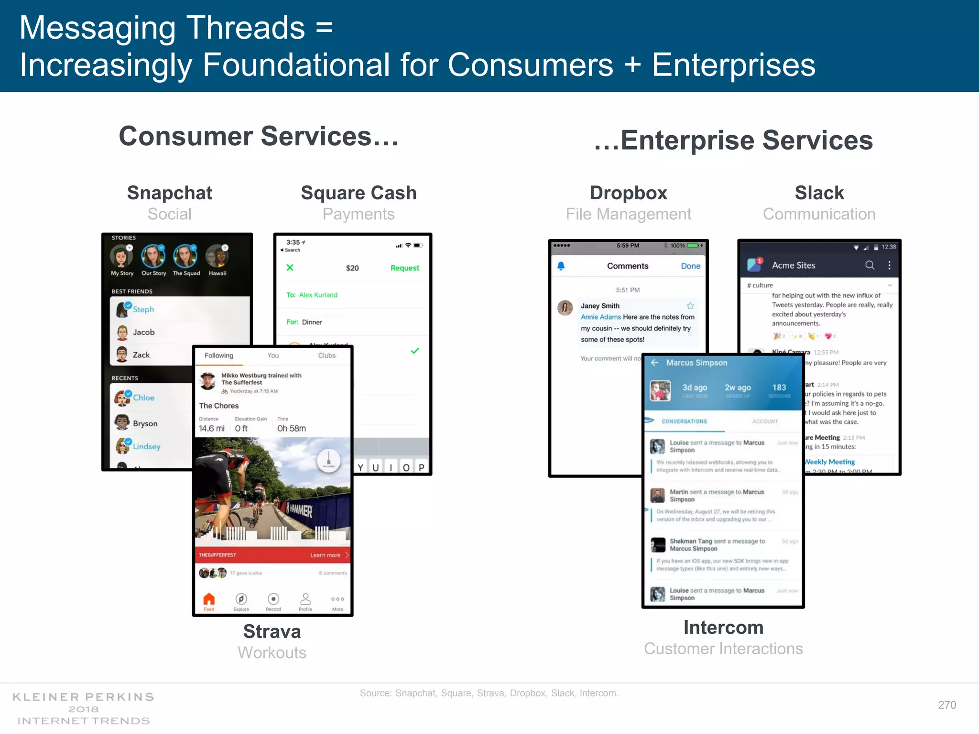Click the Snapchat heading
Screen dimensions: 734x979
(x=170, y=193)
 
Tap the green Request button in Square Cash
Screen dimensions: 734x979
(x=404, y=268)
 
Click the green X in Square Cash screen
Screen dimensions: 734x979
(x=290, y=268)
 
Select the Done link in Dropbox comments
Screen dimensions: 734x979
(x=690, y=266)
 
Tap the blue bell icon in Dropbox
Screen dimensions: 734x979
(x=561, y=266)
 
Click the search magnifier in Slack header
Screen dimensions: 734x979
(x=870, y=265)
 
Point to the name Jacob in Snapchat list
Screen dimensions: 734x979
(x=143, y=332)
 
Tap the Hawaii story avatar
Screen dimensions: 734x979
(x=218, y=256)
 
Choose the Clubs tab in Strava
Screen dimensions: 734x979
(x=327, y=356)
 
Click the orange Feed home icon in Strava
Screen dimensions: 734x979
(x=209, y=599)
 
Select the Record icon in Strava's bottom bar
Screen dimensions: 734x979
(x=273, y=599)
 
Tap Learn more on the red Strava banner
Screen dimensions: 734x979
(x=326, y=555)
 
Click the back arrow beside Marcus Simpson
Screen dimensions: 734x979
(x=654, y=363)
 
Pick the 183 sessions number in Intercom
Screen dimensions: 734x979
(x=779, y=388)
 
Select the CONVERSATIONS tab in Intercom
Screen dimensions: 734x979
(x=684, y=421)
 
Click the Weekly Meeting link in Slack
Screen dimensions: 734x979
(x=830, y=462)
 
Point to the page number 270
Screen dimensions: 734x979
(x=947, y=705)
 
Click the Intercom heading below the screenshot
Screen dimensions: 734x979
(x=723, y=627)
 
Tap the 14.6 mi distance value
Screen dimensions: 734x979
(x=211, y=429)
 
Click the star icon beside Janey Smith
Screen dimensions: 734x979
(x=690, y=306)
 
